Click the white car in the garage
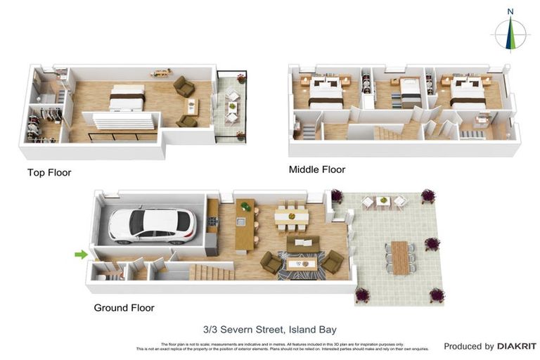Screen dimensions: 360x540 pyautogui.click(x=152, y=224)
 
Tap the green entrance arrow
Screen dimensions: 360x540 pyautogui.click(x=82, y=255)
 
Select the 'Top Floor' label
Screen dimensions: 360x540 pyautogui.click(x=49, y=172)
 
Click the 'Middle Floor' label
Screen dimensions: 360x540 pyautogui.click(x=317, y=169)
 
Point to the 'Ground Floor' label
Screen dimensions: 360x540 pyautogui.click(x=124, y=307)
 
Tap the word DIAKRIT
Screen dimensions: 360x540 pyautogui.click(x=516, y=346)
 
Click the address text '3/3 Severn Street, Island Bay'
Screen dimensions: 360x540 pyautogui.click(x=269, y=329)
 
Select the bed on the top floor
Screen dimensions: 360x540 pyautogui.click(x=127, y=98)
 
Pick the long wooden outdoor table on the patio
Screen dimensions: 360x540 pyautogui.click(x=399, y=257)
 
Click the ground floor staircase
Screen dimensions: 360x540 pyautogui.click(x=211, y=272)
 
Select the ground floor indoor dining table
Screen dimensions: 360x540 pyautogui.click(x=290, y=216)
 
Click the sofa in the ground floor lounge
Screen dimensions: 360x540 pyautogui.click(x=302, y=245)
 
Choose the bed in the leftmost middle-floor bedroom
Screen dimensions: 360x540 pyautogui.click(x=325, y=92)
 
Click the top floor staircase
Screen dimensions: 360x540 pyautogui.click(x=120, y=121)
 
